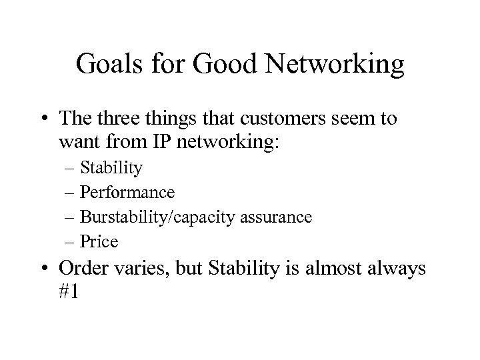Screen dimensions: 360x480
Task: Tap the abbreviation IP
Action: (x=191, y=142)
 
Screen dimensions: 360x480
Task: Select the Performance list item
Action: (x=127, y=193)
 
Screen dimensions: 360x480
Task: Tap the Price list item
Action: (x=99, y=241)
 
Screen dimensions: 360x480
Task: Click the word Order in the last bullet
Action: (x=81, y=269)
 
